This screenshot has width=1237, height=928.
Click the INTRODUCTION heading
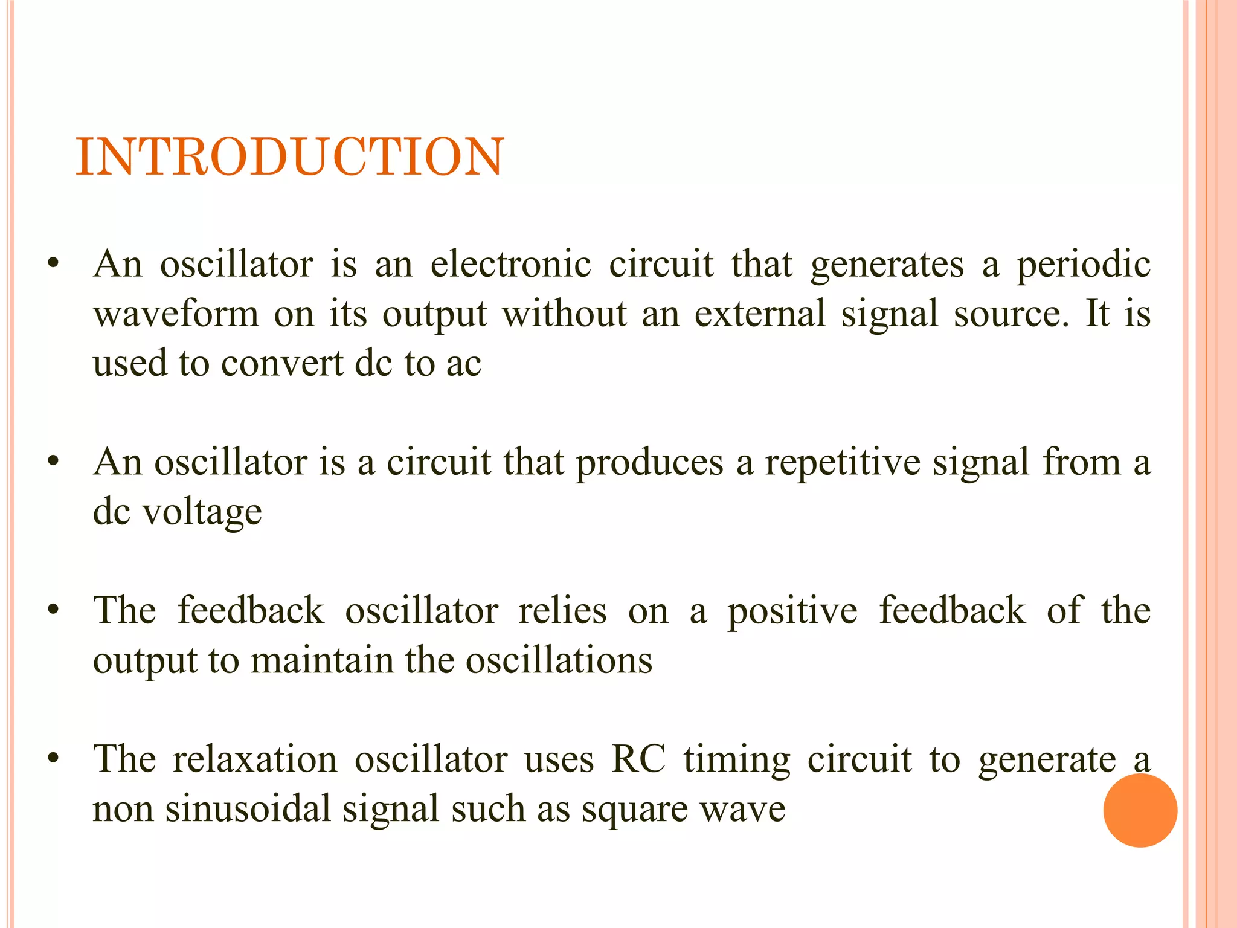(x=289, y=157)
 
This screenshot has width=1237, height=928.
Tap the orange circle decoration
(x=1140, y=810)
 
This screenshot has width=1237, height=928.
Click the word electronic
(x=510, y=265)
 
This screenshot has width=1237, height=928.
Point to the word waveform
(x=175, y=314)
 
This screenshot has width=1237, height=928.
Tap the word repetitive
(x=843, y=463)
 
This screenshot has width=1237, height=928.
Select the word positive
(x=792, y=611)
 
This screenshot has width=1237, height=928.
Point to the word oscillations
(x=559, y=660)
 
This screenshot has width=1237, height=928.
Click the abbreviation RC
(x=638, y=759)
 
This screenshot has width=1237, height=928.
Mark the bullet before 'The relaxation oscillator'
(x=54, y=758)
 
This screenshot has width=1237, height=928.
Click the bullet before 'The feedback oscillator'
(x=54, y=610)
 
